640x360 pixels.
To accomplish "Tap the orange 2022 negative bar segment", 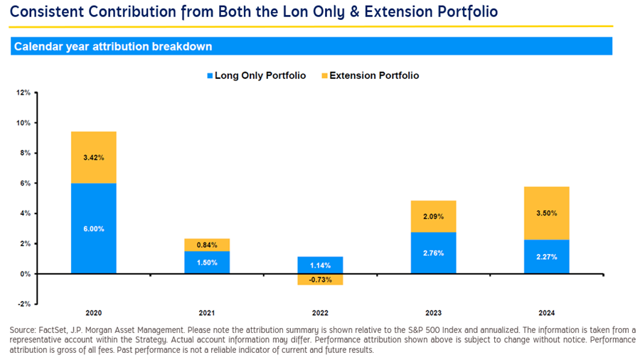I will pos(321,279).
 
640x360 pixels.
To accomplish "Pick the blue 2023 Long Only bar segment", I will pos(434,253).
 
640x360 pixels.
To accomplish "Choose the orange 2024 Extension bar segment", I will pos(546,213).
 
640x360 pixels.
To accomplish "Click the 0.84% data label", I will pos(207,245).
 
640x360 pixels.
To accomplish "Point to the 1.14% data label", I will pos(321,265).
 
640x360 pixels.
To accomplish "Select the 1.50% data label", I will pos(207,263).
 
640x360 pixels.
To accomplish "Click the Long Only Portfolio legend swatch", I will pos(210,75).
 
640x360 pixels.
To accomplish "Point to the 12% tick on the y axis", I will pos(23,92).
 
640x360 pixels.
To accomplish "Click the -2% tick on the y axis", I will pos(23,304).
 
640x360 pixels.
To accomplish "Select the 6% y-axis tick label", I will pos(25,183).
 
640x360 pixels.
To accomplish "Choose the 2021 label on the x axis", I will pos(207,313).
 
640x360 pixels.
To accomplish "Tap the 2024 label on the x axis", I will pos(546,313).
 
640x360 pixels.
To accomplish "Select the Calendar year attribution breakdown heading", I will pos(113,47).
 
